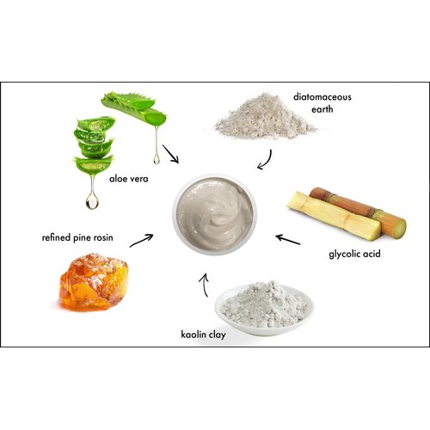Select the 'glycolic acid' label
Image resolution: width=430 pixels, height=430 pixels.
[x=354, y=255]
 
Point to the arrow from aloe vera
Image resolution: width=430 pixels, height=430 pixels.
[x=170, y=155]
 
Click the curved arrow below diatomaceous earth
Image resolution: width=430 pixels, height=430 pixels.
[x=266, y=157]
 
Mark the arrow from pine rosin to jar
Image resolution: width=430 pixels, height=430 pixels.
[x=142, y=239]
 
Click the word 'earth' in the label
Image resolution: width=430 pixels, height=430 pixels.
[x=323, y=109]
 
